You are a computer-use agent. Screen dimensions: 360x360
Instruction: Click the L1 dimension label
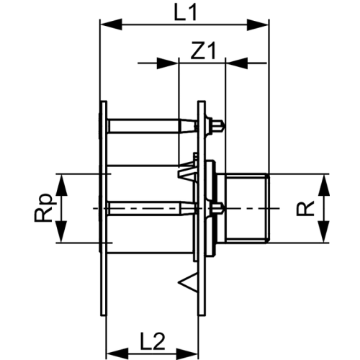pyautogui.click(x=185, y=13)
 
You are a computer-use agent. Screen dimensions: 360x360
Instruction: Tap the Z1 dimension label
pyautogui.click(x=203, y=50)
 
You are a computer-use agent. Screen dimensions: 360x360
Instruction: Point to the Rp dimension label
pyautogui.click(x=43, y=208)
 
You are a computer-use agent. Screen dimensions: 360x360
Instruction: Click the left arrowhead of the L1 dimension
pyautogui.click(x=111, y=24)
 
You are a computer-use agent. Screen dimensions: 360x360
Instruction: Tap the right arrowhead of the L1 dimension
pyautogui.click(x=258, y=24)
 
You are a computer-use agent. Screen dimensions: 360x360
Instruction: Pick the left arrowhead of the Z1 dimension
pyautogui.click(x=168, y=63)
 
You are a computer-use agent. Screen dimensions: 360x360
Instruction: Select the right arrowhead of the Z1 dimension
pyautogui.click(x=237, y=63)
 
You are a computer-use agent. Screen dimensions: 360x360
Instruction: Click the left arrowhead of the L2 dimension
pyautogui.click(x=117, y=354)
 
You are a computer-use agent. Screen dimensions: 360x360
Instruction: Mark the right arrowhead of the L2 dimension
pyautogui.click(x=188, y=354)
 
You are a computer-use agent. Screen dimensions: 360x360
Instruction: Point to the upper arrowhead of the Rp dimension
pyautogui.click(x=61, y=185)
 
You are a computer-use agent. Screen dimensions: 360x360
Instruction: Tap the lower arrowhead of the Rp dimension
pyautogui.click(x=61, y=231)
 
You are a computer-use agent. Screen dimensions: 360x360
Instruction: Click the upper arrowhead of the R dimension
pyautogui.click(x=324, y=185)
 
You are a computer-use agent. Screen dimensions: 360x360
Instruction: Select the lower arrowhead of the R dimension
pyautogui.click(x=324, y=231)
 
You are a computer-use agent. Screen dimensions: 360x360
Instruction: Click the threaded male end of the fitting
pyautogui.click(x=246, y=208)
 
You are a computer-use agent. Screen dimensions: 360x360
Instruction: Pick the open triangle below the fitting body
pyautogui.click(x=188, y=283)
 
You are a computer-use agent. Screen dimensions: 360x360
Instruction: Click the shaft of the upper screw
pyautogui.click(x=144, y=125)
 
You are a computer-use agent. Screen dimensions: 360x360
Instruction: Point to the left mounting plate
pyautogui.click(x=104, y=208)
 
